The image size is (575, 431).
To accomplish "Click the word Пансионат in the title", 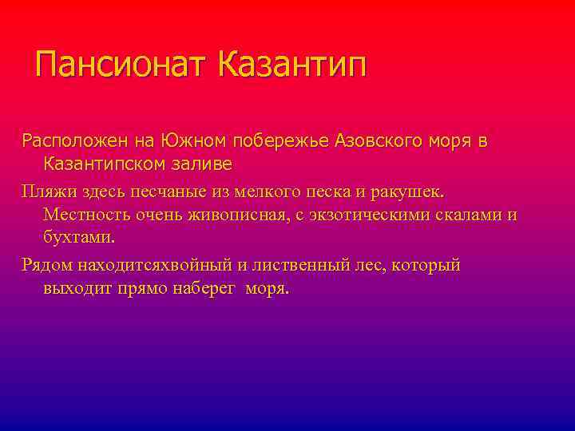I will [x=122, y=65].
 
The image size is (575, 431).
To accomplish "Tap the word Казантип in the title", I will [x=291, y=65].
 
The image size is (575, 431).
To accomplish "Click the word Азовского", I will [x=382, y=141].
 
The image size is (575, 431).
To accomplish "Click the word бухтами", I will [x=79, y=238].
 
